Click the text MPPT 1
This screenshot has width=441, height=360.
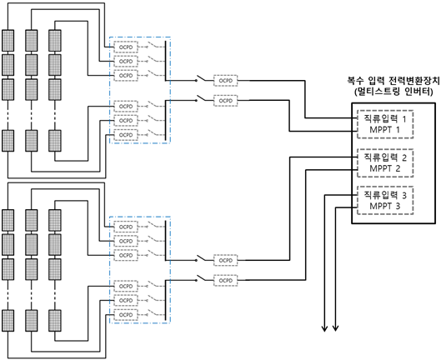point(384,130)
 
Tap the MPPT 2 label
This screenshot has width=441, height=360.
point(384,168)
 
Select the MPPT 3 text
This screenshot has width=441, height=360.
point(384,206)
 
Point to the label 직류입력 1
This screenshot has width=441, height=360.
point(385,118)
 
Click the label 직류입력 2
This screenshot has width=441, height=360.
point(385,157)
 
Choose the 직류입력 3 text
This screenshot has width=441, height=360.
point(385,195)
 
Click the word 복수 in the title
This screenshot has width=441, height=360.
point(355,81)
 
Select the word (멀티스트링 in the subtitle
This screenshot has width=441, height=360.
point(376,92)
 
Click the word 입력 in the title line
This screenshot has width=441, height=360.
point(376,81)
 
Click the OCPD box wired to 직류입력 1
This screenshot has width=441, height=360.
point(226,81)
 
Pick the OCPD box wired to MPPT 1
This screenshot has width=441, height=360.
point(226,101)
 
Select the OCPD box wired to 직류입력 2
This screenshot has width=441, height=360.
point(226,261)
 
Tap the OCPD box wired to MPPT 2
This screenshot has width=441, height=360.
point(226,280)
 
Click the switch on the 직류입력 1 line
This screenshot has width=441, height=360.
point(201,78)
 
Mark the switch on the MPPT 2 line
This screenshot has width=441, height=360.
point(201,278)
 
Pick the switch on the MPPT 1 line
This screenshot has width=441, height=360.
point(201,98)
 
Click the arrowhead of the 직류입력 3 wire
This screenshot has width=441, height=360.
point(324,328)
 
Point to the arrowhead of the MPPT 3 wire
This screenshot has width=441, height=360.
point(335,328)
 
